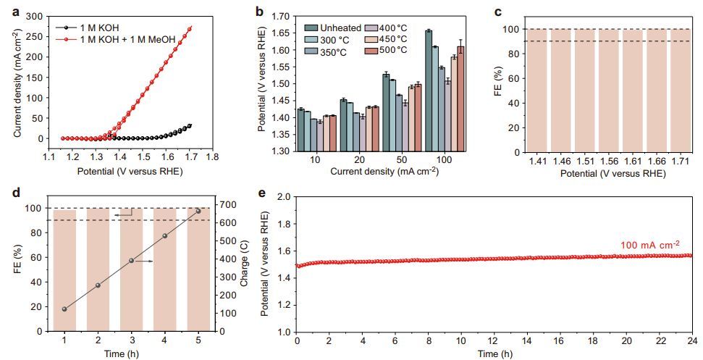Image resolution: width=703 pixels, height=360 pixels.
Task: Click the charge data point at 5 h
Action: (x=198, y=211)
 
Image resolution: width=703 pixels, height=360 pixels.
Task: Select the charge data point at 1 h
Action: (x=64, y=309)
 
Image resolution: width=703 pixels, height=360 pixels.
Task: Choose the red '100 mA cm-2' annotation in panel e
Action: (x=649, y=246)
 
